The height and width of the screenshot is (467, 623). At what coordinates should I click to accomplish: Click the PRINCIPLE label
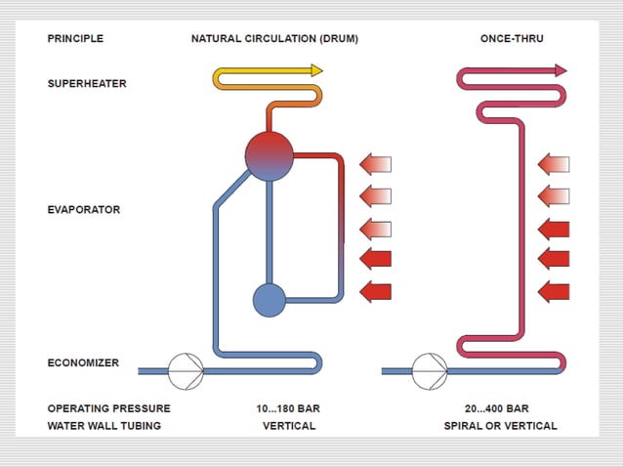coord(75,39)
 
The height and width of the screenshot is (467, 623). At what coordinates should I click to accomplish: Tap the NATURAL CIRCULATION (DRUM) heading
coord(274,39)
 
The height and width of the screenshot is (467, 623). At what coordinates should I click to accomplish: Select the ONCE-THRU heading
coord(512,39)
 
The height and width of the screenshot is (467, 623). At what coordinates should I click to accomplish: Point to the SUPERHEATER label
coord(87,84)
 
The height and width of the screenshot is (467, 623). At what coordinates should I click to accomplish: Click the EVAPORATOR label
coord(83,210)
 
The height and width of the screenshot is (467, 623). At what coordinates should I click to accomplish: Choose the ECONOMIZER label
coord(83,363)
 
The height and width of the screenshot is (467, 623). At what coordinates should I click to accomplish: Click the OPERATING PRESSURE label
coord(108,408)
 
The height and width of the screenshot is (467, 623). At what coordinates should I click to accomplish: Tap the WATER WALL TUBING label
coord(104,426)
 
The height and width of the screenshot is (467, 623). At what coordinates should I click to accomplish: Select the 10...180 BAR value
coord(275,408)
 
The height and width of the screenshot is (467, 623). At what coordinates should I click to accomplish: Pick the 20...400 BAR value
coord(500,408)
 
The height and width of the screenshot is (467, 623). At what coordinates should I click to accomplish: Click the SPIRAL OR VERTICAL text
coord(500,426)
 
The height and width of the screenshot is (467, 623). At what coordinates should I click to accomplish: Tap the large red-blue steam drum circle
coord(270,155)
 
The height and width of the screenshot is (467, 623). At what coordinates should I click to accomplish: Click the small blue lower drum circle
coord(270,299)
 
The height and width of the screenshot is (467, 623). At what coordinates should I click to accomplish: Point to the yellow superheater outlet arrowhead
coord(316,70)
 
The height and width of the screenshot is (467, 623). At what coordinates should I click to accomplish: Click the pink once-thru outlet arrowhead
coord(561,70)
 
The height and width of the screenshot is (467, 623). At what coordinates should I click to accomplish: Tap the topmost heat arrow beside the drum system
coord(375,163)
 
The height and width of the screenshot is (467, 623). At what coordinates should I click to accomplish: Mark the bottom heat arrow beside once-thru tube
coord(554,290)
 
